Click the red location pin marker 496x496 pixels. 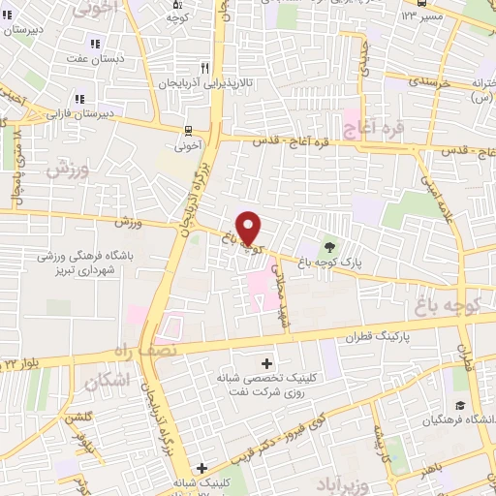(x=249, y=228)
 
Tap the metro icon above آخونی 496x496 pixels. (x=187, y=130)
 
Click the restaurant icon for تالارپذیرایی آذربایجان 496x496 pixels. (x=204, y=68)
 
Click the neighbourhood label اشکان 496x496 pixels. (x=106, y=379)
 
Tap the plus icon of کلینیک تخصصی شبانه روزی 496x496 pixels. (x=266, y=362)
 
